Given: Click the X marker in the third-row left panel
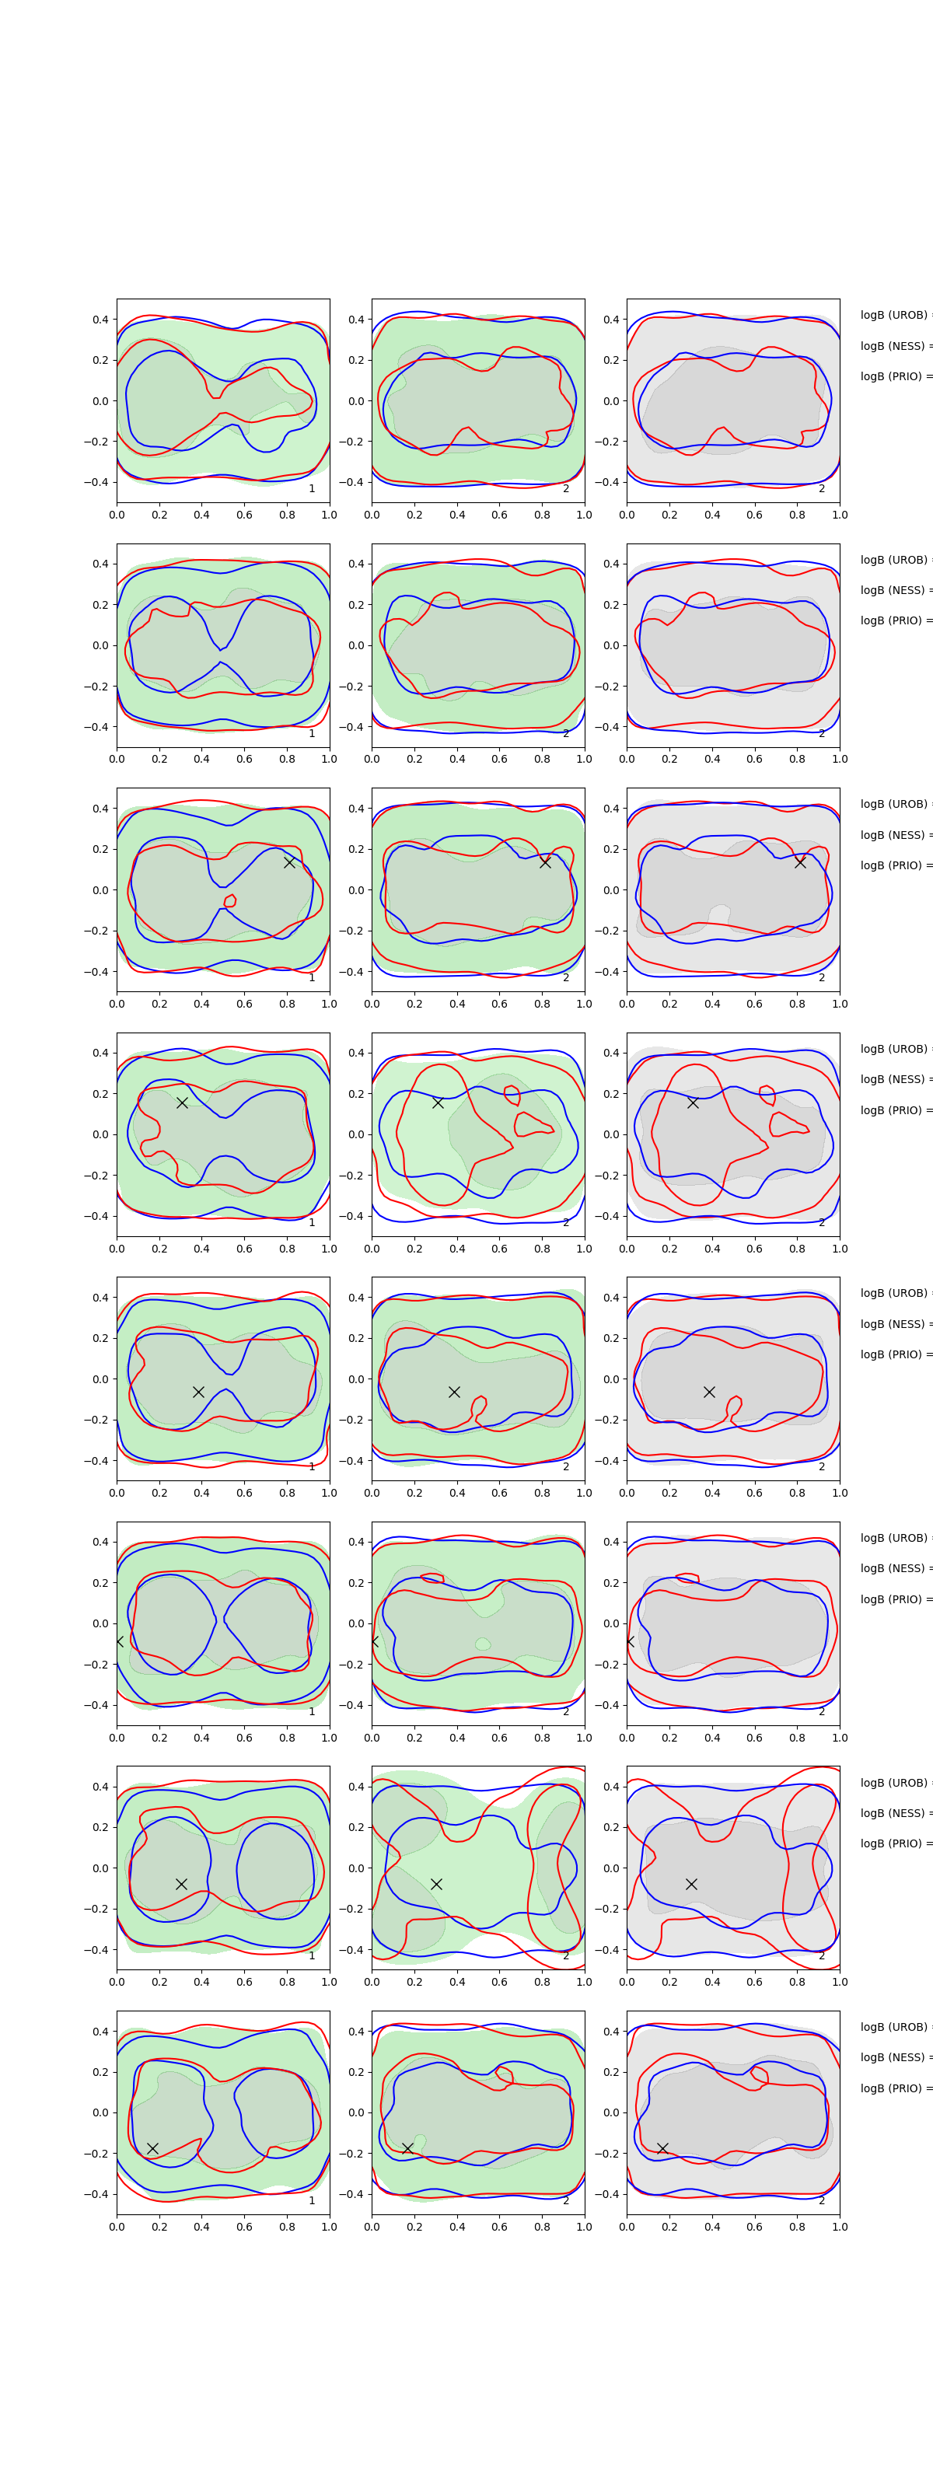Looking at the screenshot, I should point(288,861).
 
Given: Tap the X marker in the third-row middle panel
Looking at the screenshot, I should point(545,861).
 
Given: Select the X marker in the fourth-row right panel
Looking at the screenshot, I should point(693,1102).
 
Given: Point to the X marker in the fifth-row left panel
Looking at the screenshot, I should point(198,1392).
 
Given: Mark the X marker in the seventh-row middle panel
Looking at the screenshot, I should point(436,1883).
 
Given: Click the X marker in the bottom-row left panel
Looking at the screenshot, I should point(152,2148).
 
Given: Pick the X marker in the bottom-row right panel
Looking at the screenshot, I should point(662,2148).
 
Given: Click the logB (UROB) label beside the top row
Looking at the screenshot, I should point(894,315).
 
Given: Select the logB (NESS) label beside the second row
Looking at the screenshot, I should point(894,590).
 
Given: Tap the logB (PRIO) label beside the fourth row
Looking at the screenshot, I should point(894,1109).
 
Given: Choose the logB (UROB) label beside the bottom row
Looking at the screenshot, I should point(894,2026).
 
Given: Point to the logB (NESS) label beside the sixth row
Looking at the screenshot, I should point(894,1568).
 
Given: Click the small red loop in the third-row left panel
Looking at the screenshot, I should point(230,901).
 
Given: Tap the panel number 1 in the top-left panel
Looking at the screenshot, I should point(312,489).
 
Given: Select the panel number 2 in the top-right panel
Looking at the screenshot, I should point(822,489).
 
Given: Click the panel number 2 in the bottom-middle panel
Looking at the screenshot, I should point(566,2200).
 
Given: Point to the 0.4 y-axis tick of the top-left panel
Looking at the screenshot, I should point(100,320).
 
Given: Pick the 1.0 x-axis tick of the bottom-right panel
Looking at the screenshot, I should point(840,2226).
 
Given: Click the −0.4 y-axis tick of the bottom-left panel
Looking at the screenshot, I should point(96,2194).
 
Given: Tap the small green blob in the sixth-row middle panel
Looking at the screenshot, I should point(483,1643).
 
